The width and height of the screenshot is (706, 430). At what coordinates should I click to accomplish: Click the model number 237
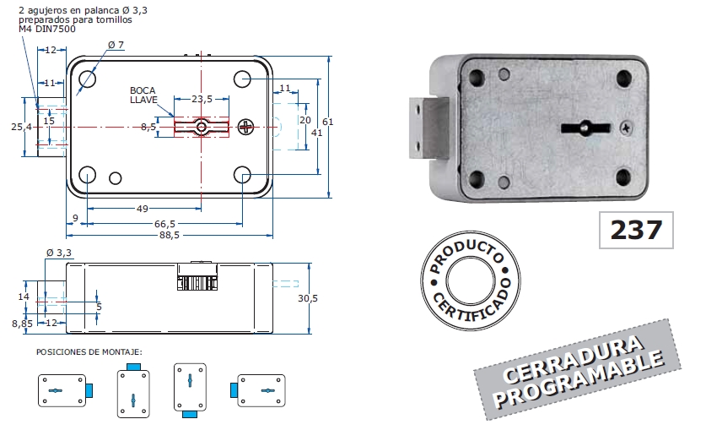(x=636, y=229)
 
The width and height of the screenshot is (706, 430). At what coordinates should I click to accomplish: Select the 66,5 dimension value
(x=165, y=223)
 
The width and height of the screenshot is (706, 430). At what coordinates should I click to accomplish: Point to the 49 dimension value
(x=143, y=209)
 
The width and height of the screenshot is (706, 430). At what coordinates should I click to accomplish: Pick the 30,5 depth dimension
(x=308, y=298)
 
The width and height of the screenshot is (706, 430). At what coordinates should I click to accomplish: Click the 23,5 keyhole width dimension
(x=202, y=99)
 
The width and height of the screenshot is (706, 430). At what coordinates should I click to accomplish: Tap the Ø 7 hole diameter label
(x=116, y=45)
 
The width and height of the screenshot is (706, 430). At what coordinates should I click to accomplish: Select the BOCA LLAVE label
(x=143, y=95)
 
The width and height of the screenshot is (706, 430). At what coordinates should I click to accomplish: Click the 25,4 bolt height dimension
(x=21, y=127)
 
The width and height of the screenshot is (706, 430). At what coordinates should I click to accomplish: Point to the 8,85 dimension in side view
(x=21, y=323)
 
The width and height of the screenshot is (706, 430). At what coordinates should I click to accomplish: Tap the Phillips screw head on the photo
(x=624, y=128)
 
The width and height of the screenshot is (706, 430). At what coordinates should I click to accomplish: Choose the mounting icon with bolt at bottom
(x=190, y=391)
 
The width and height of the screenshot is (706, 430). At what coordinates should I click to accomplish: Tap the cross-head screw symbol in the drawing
(x=245, y=128)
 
